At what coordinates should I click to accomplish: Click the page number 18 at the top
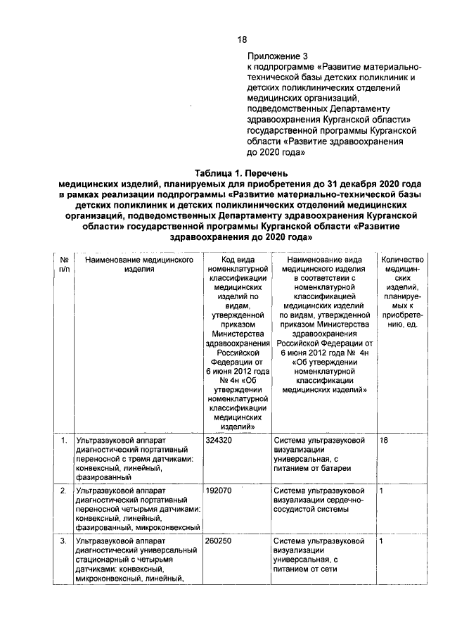pos(241,39)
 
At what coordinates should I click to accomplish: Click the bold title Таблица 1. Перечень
pos(240,173)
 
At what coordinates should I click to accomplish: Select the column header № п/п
pos(64,264)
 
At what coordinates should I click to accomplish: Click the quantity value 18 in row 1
pos(384,441)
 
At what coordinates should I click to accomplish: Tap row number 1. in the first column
pos(64,441)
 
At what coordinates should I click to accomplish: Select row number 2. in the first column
pos(64,490)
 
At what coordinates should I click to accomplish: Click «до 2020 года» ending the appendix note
pos(275,151)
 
